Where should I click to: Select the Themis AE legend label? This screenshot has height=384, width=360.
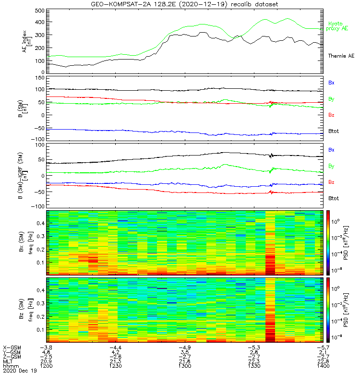341,56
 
